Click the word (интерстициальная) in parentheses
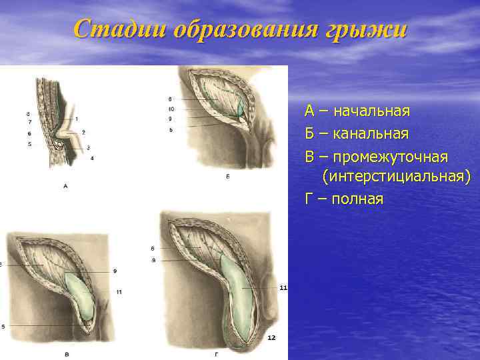coord(396,177)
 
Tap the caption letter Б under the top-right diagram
coord(227,177)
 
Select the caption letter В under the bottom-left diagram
coord(65,351)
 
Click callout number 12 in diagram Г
coord(271,338)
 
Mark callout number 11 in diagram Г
coord(283,287)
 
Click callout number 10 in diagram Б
coord(171,108)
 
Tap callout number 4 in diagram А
coord(92,158)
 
